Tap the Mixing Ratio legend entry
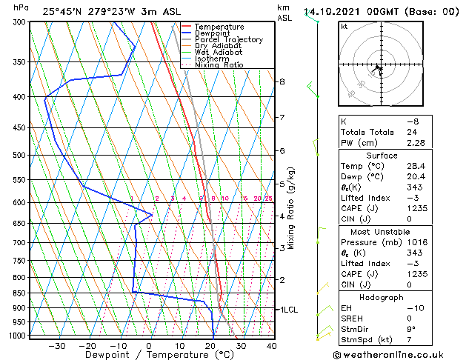tap(223, 64)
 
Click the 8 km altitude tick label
tap(282, 81)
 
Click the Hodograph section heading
tap(382, 297)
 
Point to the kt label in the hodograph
tap(344, 27)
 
